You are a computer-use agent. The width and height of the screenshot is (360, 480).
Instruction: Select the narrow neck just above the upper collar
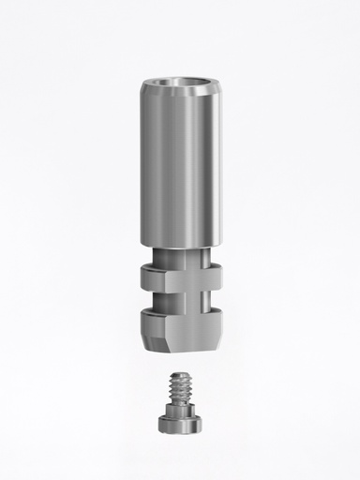click(183, 259)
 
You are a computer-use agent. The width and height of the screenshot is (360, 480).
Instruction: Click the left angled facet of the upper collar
click(150, 277)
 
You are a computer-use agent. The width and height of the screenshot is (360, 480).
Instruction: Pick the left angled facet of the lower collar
click(150, 319)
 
